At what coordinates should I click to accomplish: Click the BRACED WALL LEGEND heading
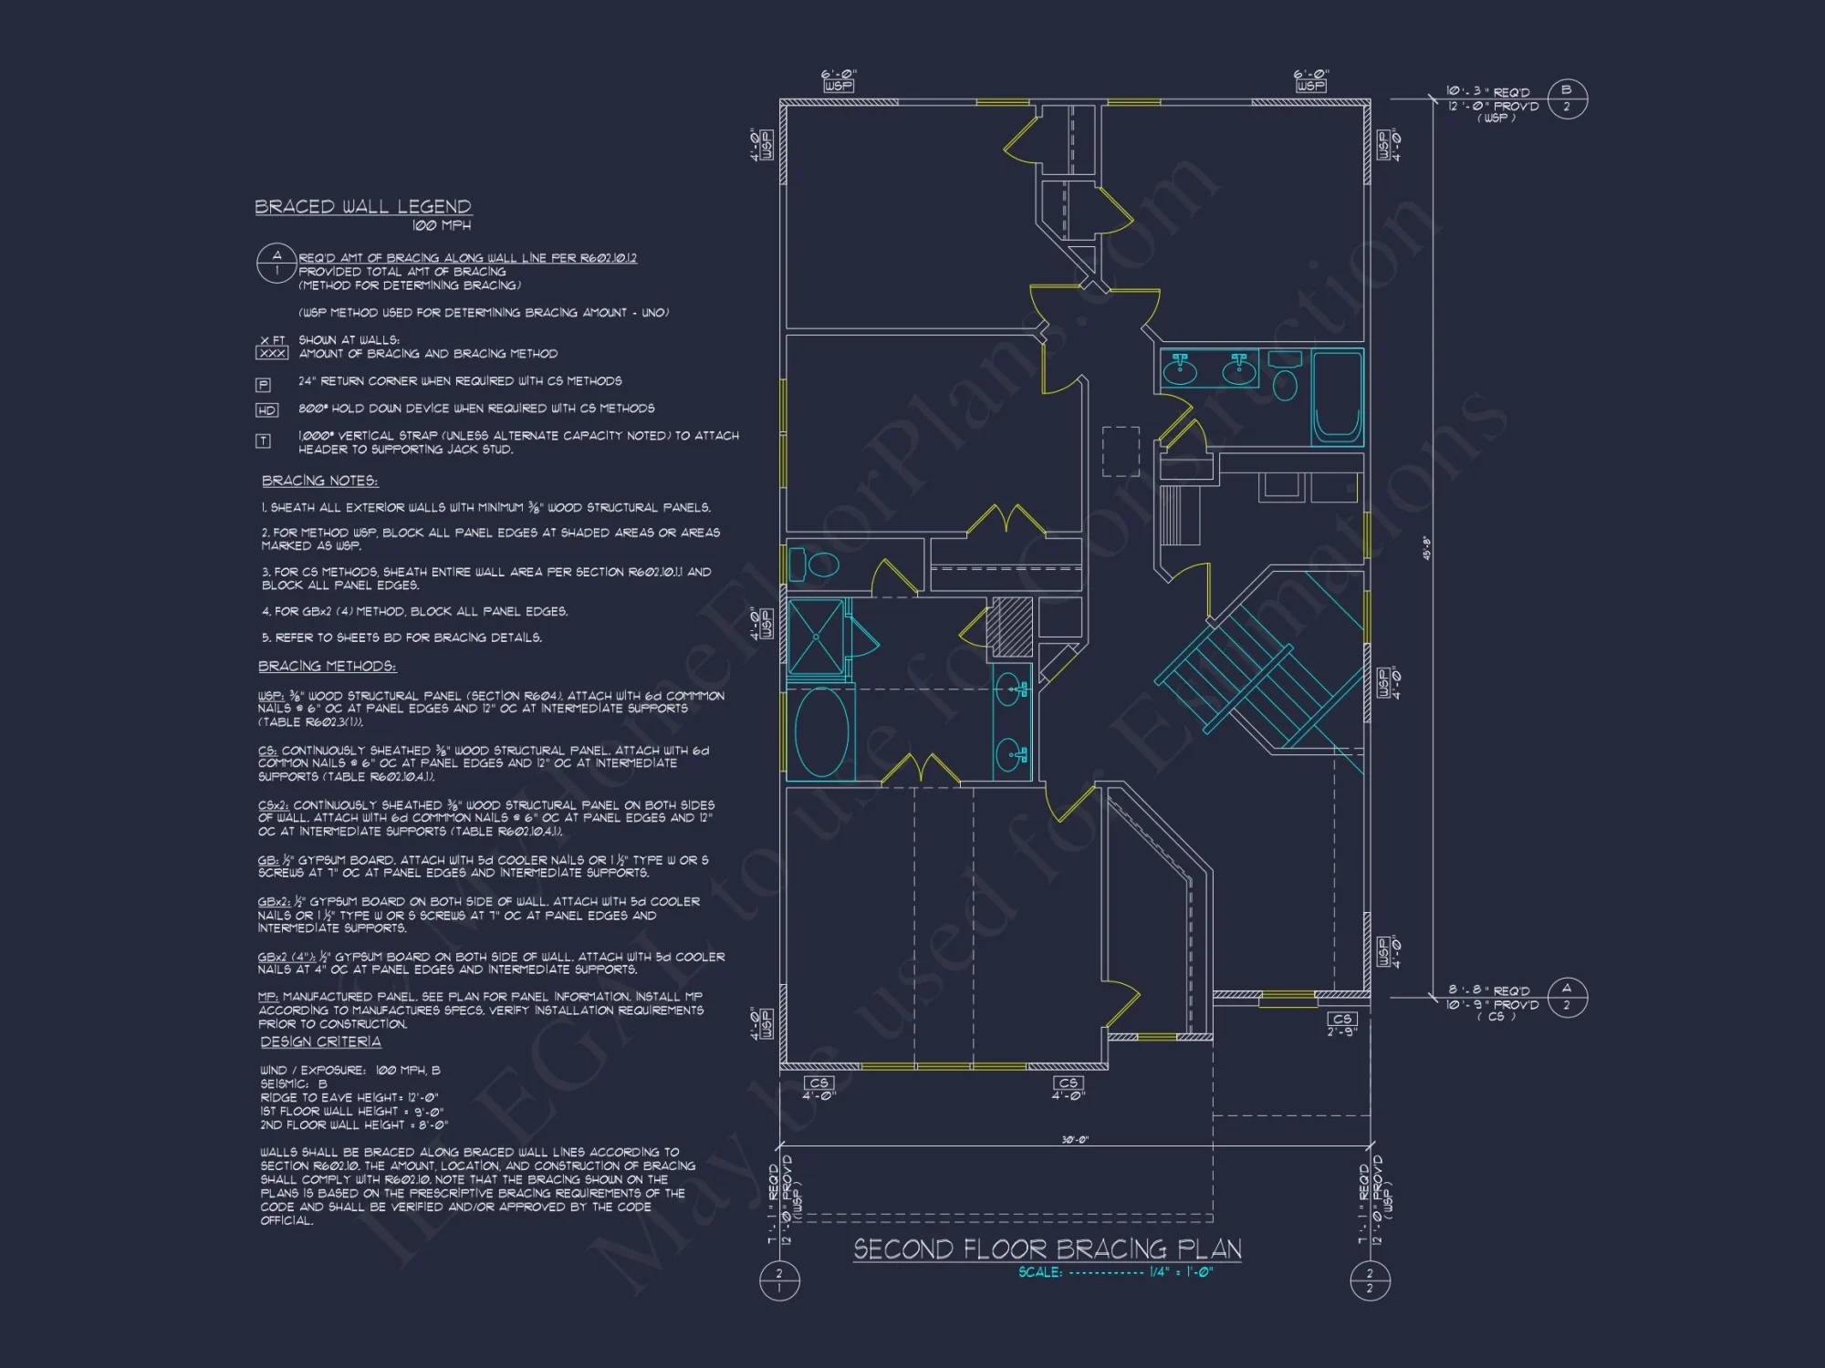point(363,207)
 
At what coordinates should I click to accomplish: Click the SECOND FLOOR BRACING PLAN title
point(1047,1249)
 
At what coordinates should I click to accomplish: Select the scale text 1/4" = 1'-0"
point(1181,1272)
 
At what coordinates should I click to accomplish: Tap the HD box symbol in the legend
point(266,410)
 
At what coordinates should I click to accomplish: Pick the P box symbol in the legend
point(263,385)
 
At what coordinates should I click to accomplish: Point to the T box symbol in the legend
point(263,441)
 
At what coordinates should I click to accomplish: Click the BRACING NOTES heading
point(319,481)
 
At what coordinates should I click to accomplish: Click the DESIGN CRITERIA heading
point(320,1042)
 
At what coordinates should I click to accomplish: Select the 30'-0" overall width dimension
point(1075,1140)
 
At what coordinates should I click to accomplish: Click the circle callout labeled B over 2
point(1567,98)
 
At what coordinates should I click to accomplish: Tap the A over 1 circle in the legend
point(276,263)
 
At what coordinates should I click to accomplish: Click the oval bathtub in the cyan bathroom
point(821,732)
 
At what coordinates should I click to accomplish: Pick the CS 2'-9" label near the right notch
point(1341,1024)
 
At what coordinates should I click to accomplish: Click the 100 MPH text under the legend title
point(442,225)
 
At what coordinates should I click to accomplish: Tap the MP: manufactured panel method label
point(268,997)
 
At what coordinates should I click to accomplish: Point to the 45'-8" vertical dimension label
point(1426,547)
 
